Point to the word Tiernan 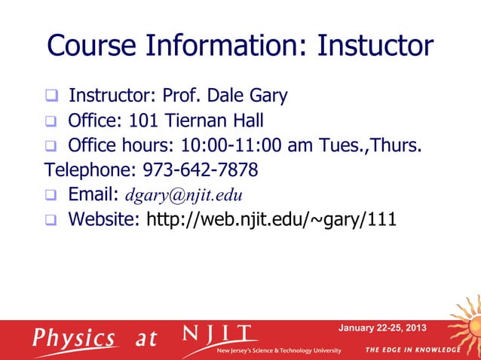194,121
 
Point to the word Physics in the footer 74,337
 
